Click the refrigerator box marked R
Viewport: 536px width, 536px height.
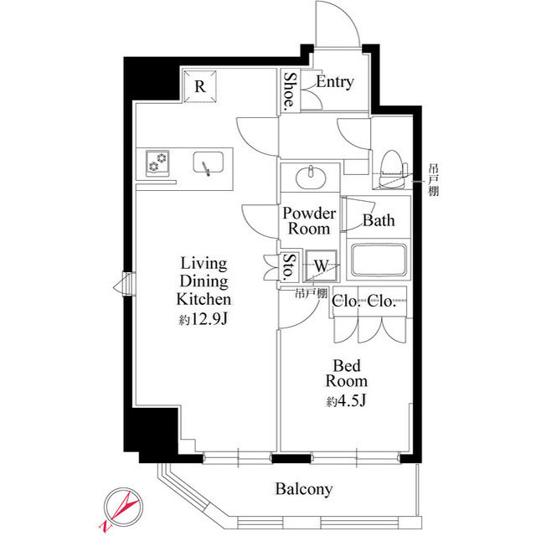(200, 86)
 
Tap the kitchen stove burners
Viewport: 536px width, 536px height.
(157, 162)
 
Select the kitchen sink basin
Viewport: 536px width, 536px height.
(209, 162)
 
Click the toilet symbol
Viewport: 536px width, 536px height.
(393, 169)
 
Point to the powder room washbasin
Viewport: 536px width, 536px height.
(311, 177)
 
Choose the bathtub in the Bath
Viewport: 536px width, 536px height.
(379, 260)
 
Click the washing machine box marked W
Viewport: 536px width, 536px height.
(322, 265)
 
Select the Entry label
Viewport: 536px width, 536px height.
(335, 82)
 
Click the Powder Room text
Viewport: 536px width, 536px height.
(309, 221)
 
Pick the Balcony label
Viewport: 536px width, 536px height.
(303, 489)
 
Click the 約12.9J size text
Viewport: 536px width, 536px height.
(203, 320)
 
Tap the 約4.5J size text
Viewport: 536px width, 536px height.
(346, 401)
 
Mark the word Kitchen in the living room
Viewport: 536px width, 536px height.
(204, 299)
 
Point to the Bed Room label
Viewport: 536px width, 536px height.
(346, 374)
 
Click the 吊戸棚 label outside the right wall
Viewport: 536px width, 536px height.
(434, 180)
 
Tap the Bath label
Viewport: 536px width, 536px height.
(379, 220)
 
